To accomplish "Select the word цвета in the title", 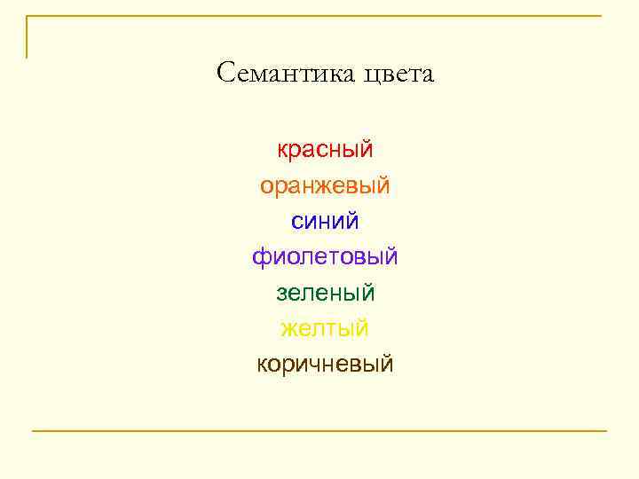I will (398, 75).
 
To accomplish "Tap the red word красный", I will (325, 150).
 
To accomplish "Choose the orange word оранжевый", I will (325, 186).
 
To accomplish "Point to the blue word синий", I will (325, 221).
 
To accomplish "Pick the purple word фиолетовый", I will (325, 257).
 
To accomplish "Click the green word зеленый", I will (325, 292).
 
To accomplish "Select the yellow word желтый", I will (325, 328).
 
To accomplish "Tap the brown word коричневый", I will (325, 364).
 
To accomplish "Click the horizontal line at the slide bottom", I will (319, 431).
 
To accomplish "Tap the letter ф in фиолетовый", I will (262, 258).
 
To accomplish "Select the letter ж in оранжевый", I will (328, 186).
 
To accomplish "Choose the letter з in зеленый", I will (281, 293).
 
